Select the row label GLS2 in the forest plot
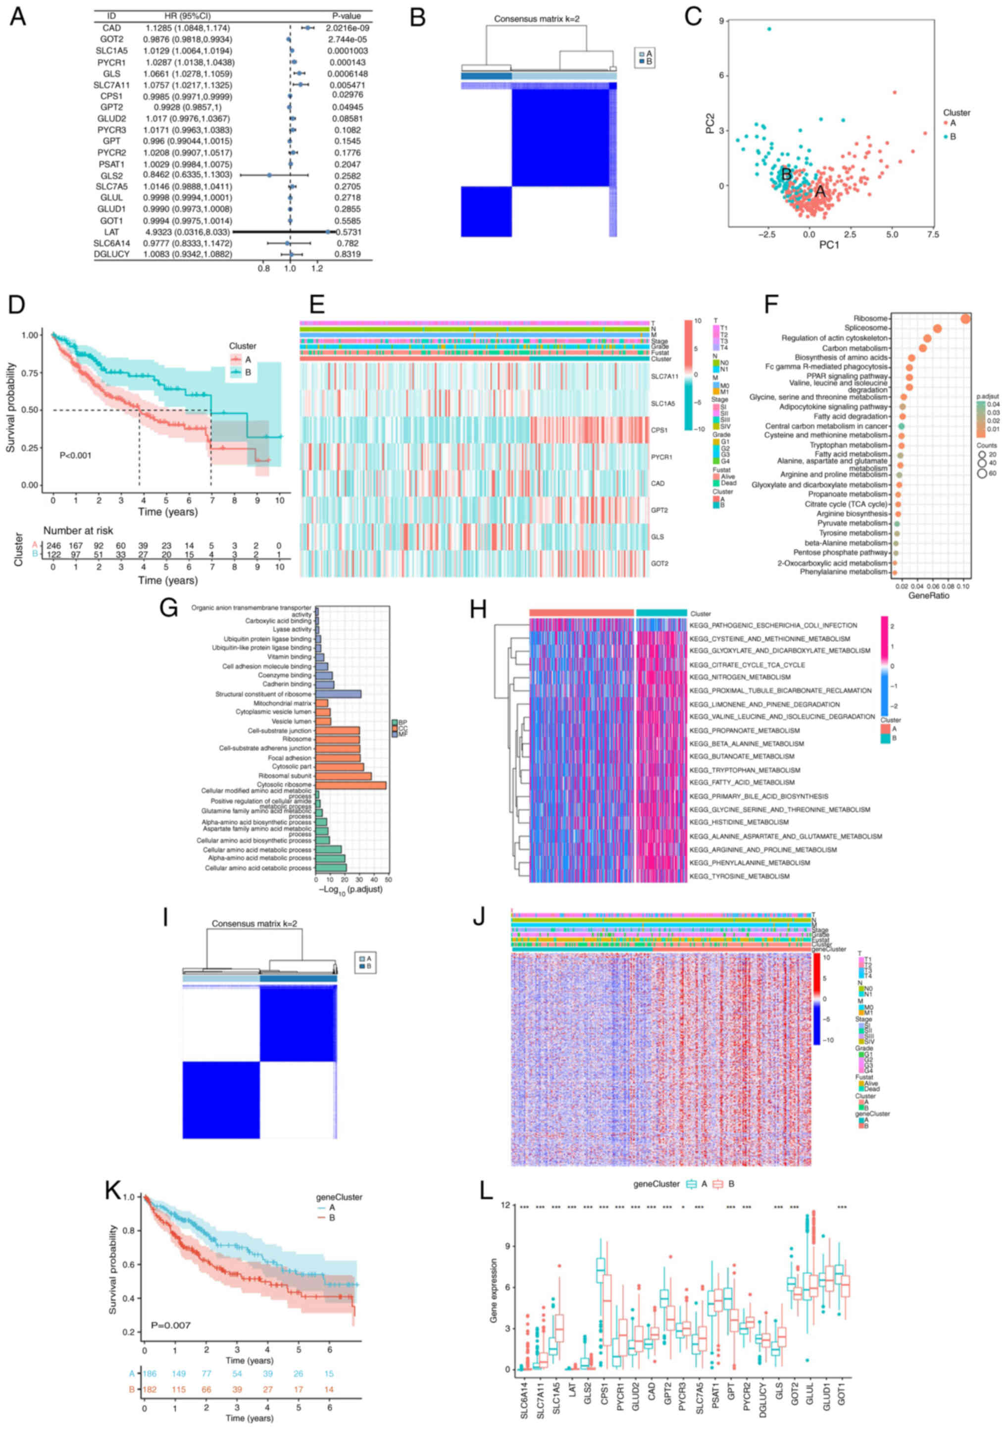coord(112,175)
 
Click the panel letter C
coord(693,17)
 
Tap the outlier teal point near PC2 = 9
coord(769,29)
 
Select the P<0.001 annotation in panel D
coord(75,456)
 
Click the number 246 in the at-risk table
coord(53,546)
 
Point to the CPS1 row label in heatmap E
coord(660,430)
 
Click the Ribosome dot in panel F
coord(965,318)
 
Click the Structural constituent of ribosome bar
coord(339,694)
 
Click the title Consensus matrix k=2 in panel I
coord(254,924)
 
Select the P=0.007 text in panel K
coord(170,1325)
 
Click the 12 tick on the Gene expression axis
coord(504,1206)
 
